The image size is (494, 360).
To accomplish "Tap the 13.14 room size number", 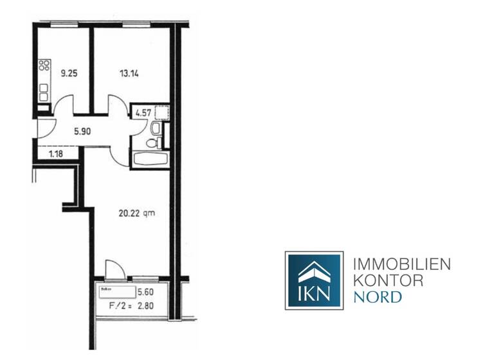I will point(129,73).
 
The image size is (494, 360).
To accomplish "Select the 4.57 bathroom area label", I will point(142,114).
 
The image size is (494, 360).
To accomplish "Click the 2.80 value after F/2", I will point(156,305).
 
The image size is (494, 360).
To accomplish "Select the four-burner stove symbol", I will point(44,65).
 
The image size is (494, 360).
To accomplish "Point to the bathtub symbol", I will point(150,158).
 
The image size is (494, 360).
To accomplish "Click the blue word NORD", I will point(378,297).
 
